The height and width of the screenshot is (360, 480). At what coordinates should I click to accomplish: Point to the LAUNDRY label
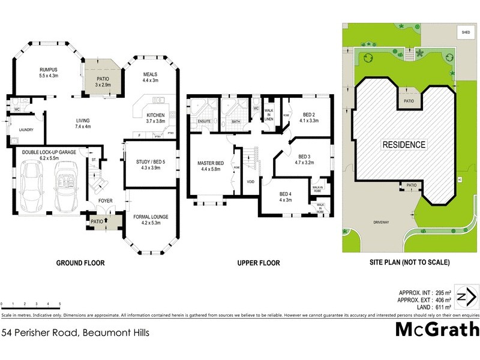26,130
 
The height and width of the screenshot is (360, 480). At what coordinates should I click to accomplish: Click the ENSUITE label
205,122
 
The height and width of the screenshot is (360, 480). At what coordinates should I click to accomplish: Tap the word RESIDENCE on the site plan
404,145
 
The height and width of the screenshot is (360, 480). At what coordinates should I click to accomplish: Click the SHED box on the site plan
465,32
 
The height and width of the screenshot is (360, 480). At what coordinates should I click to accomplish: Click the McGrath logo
436,329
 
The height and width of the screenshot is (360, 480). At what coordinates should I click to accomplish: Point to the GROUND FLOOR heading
80,263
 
